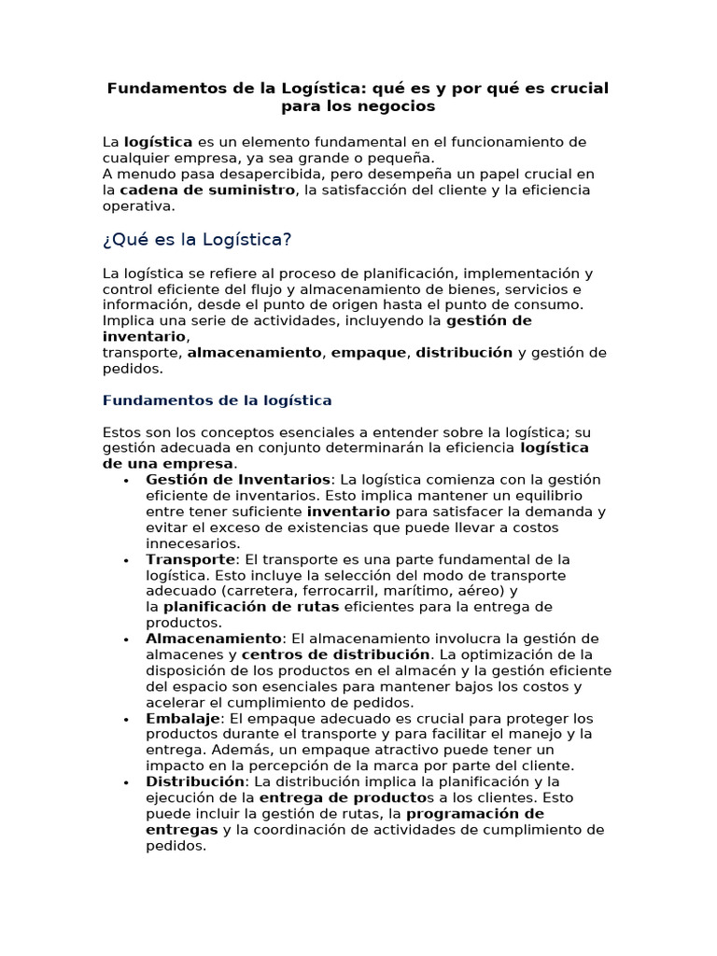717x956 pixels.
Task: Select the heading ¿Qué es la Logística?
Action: pos(196,240)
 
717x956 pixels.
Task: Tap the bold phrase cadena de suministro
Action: pos(207,190)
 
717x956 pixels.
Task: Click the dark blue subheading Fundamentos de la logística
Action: pos(217,401)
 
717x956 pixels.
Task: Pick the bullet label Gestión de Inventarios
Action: pos(238,480)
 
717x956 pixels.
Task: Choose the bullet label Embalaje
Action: pos(183,718)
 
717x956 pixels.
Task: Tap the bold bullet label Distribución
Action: pos(195,781)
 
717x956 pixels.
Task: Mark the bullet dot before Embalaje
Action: pos(124,720)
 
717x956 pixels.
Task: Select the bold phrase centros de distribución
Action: pos(342,654)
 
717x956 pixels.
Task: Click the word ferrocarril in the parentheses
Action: pos(348,591)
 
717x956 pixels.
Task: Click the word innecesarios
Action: pos(193,543)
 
